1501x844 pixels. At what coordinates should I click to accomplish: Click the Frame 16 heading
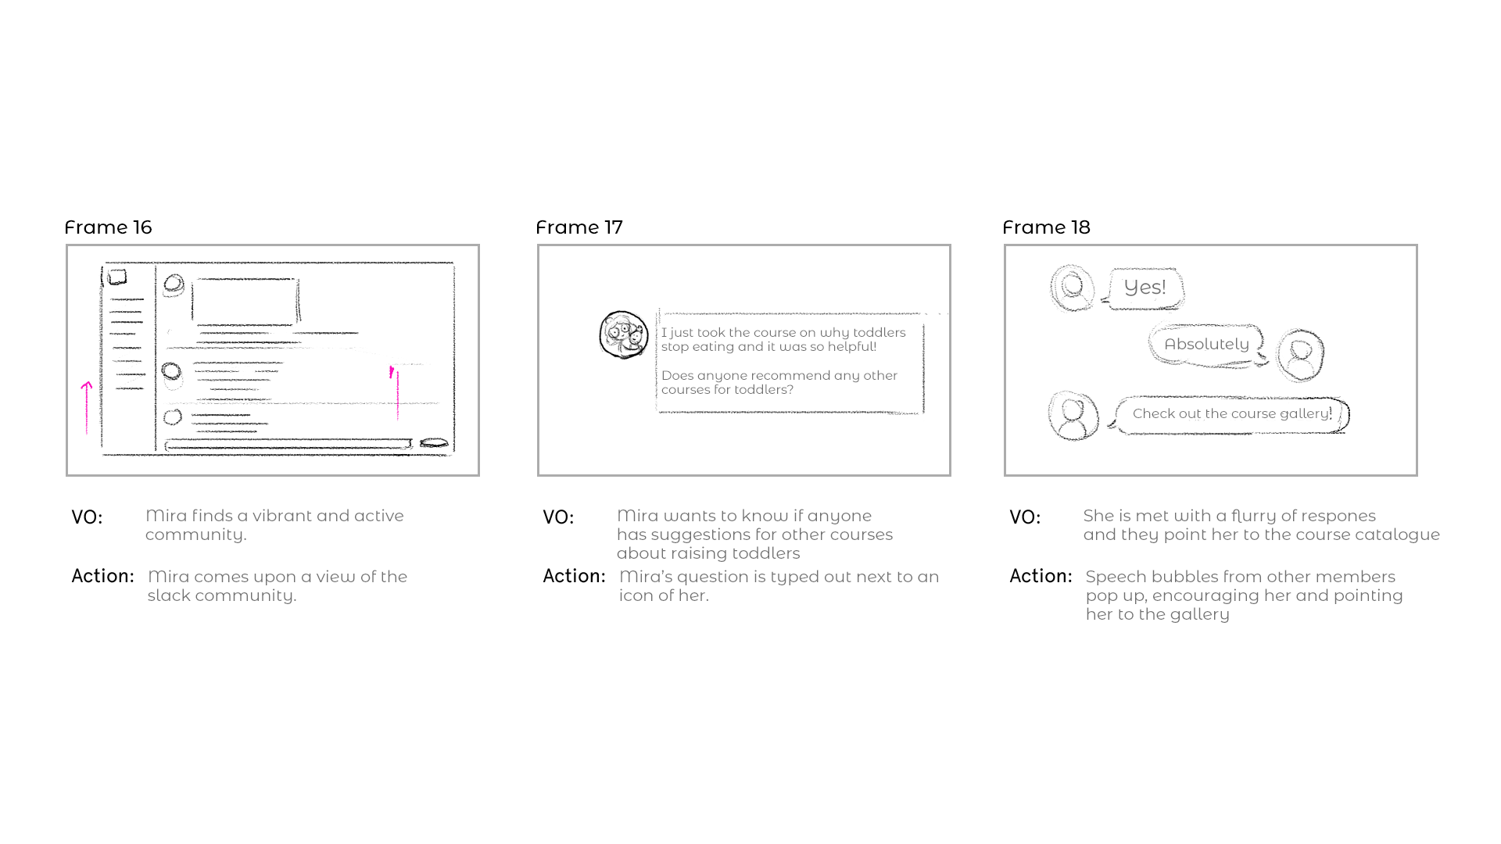108,227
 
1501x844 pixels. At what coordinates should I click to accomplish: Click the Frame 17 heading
579,227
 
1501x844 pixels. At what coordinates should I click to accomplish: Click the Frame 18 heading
1046,227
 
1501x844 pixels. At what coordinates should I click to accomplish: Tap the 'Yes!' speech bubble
1145,288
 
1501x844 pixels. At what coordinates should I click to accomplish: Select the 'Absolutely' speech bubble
1206,345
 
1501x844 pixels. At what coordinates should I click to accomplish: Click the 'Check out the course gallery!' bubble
1231,414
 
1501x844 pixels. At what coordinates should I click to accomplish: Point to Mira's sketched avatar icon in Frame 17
623,334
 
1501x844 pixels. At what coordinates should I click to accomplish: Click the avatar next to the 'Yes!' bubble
1072,288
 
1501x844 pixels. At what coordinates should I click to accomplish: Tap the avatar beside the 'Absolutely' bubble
1300,356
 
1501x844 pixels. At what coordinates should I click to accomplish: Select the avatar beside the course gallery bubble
1073,416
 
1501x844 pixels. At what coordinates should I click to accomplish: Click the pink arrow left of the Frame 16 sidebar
87,407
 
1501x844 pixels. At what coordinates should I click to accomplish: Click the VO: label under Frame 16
87,518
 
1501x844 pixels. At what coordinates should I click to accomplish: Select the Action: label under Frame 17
574,577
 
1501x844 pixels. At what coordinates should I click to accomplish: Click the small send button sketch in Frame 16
434,444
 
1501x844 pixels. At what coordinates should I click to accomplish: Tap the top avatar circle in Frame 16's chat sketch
174,284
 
